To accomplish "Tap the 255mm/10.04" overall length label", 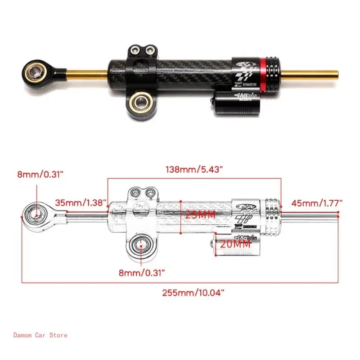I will pyautogui.click(x=193, y=292).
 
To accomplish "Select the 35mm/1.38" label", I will pyautogui.click(x=81, y=202).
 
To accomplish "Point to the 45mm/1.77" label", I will pyautogui.click(x=316, y=202).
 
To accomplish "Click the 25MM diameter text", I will pyautogui.click(x=200, y=215).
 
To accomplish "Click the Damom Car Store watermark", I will pyautogui.click(x=40, y=335).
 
